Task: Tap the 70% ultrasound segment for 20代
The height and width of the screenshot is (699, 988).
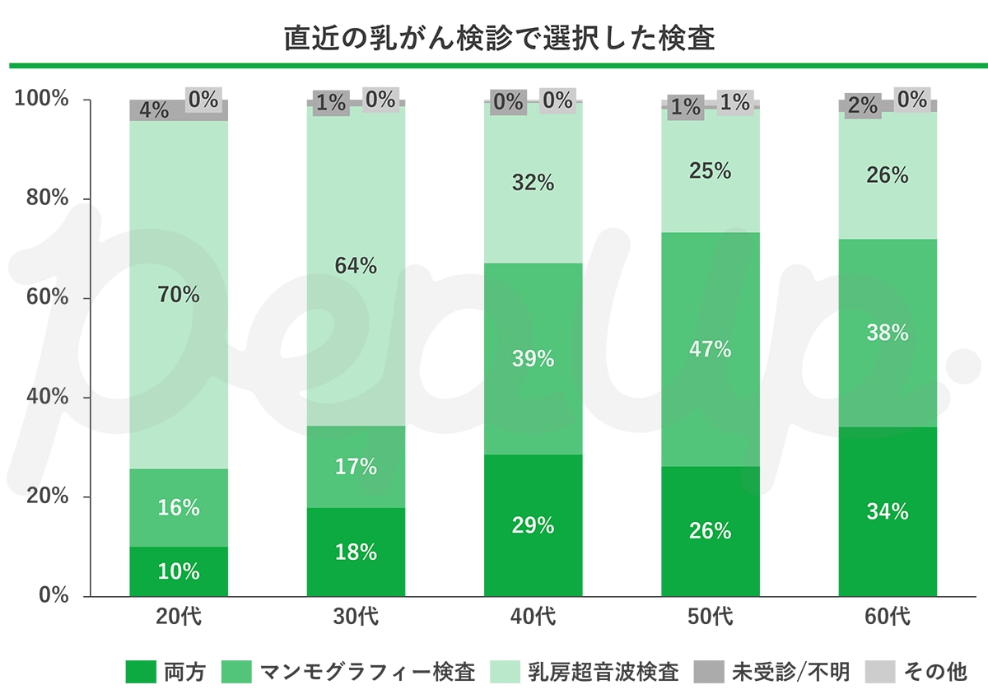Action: pos(179,294)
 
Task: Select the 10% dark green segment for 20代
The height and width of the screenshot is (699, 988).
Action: pos(179,571)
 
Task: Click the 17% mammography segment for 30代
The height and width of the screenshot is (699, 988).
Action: pos(356,467)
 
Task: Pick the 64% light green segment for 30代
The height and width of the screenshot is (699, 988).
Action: pos(356,266)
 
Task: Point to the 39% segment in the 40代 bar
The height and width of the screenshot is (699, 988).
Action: pos(533,359)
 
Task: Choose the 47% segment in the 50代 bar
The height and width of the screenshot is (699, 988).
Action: pos(710,349)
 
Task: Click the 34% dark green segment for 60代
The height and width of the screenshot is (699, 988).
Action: pos(888,512)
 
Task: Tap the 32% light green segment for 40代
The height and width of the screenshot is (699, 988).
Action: pos(533,183)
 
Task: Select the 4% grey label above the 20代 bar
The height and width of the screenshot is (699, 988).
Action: pos(153,110)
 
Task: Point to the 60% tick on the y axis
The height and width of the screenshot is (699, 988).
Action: pos(41,298)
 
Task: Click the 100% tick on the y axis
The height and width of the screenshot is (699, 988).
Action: pos(41,100)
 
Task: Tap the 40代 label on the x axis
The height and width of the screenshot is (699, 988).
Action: pos(533,616)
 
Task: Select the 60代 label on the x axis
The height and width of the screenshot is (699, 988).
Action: pos(888,616)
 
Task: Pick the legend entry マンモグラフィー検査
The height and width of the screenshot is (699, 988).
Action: pos(349,672)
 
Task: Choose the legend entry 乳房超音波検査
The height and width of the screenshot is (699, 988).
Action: pos(585,672)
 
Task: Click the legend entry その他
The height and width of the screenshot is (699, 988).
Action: pos(917,672)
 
